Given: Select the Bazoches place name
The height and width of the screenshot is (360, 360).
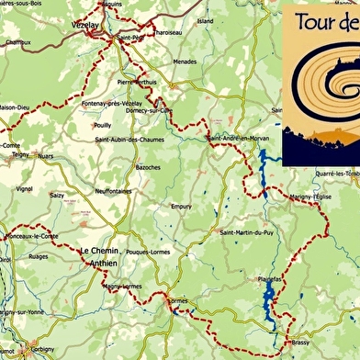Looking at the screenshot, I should (147, 167).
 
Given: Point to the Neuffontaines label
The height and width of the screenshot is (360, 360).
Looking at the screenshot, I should (114, 190).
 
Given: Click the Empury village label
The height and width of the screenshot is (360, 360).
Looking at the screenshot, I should (181, 207).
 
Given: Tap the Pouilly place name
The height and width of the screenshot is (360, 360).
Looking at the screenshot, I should (102, 124).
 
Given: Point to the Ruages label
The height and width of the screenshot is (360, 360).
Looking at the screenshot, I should (39, 257).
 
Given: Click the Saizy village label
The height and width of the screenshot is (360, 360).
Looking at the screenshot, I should (57, 195).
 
